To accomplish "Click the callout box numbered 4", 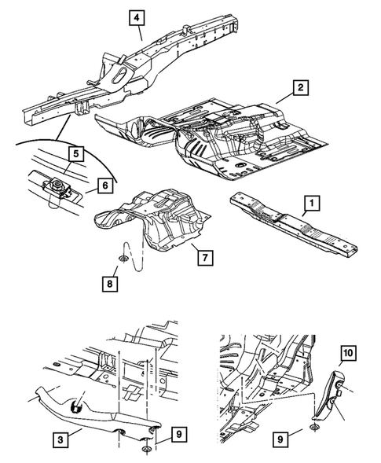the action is click(x=137, y=18).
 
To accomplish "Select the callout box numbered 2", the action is click(x=300, y=87).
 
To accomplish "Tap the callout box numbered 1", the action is click(x=311, y=203).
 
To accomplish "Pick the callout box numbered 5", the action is click(x=76, y=154).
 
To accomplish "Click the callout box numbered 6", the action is click(x=105, y=186).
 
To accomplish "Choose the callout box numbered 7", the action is click(x=205, y=258).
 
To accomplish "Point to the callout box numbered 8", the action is click(x=110, y=284).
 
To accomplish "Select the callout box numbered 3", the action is click(x=60, y=439).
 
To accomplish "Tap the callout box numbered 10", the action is click(x=348, y=353).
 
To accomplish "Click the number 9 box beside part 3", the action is click(x=179, y=435).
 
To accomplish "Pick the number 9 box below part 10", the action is click(x=280, y=439).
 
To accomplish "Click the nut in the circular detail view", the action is click(x=56, y=186).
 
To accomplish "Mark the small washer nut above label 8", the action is click(x=122, y=259).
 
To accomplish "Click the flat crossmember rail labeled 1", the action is click(x=294, y=223).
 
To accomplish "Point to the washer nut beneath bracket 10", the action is click(x=315, y=426).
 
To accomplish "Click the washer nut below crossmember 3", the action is click(x=145, y=449).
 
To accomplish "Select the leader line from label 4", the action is click(x=140, y=33).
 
